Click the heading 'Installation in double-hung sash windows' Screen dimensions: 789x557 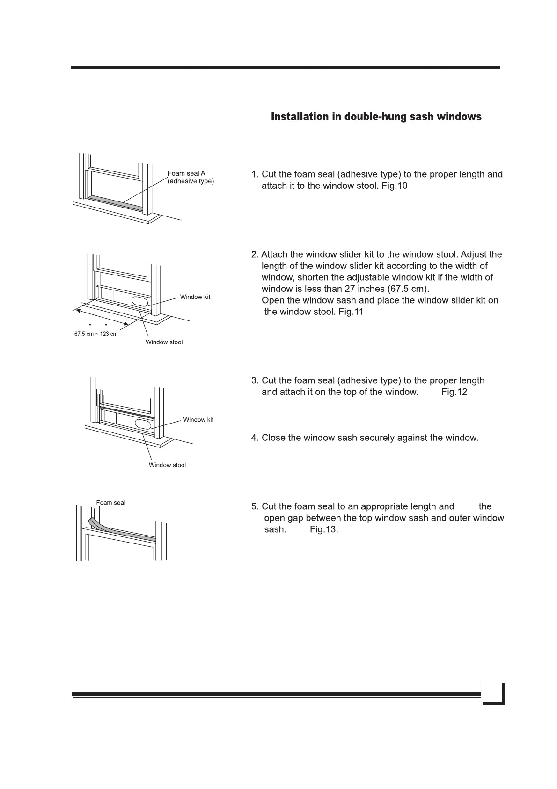[376, 117]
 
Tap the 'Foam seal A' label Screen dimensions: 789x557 [186, 173]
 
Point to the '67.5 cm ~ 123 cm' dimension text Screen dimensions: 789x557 [96, 334]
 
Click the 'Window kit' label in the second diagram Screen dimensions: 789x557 [195, 297]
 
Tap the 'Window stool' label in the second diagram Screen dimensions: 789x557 [164, 342]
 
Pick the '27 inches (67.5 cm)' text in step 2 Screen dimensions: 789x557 [385, 289]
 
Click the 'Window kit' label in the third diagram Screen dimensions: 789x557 [198, 420]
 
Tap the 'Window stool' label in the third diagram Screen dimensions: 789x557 [167, 465]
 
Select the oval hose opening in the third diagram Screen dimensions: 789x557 [144, 424]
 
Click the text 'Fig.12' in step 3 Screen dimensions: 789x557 [454, 392]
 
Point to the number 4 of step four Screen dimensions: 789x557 [254, 438]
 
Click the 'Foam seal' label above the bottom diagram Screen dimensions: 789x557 [110, 503]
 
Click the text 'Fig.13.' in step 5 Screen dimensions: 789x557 [324, 530]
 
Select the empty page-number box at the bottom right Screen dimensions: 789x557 [491, 692]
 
